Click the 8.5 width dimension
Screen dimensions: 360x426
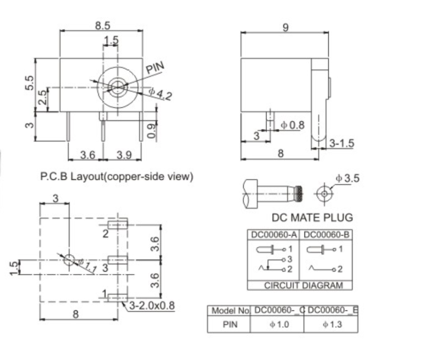point(102,26)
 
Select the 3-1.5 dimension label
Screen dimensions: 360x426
point(341,143)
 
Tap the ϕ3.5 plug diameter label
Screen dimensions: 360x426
point(347,178)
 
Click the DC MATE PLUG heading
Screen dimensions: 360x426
point(312,218)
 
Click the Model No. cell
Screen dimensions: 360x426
point(229,310)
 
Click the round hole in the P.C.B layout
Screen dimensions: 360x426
point(69,259)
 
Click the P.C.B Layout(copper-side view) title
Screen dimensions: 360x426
point(116,176)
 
